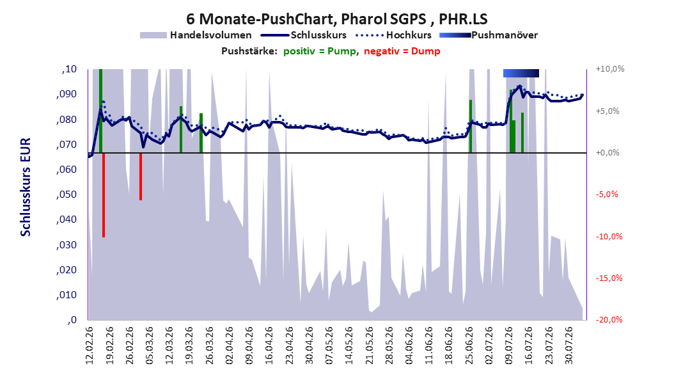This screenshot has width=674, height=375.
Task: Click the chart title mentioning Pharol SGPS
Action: coord(336,19)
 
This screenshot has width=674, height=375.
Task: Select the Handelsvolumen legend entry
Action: coord(196,35)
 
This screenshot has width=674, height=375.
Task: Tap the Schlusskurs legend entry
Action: coord(304,35)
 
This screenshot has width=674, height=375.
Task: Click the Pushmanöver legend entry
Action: coord(489,35)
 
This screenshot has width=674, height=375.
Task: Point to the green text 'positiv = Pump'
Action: coord(320,51)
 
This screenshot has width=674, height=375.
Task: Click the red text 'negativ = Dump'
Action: coord(402,51)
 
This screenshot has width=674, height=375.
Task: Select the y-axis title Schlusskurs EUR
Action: coord(26,187)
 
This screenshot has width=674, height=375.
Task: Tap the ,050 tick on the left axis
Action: coord(67,195)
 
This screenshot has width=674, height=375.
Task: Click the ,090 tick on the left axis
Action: coord(67,94)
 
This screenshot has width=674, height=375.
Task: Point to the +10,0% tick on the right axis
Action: coord(610,69)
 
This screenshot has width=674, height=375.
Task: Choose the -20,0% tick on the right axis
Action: coord(609,319)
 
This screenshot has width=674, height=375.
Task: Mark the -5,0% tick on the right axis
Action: coord(606,195)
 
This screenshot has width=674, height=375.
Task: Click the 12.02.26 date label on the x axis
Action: coord(90,346)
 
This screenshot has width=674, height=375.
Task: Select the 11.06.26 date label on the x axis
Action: coord(428,346)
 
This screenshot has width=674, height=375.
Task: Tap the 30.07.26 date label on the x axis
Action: coord(568,346)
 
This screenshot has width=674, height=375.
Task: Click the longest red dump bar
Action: coord(104,195)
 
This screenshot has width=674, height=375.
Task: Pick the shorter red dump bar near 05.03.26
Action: coord(141,177)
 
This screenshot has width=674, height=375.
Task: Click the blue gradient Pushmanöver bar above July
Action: coord(521,73)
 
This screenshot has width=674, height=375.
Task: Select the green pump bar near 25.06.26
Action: coord(471,127)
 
